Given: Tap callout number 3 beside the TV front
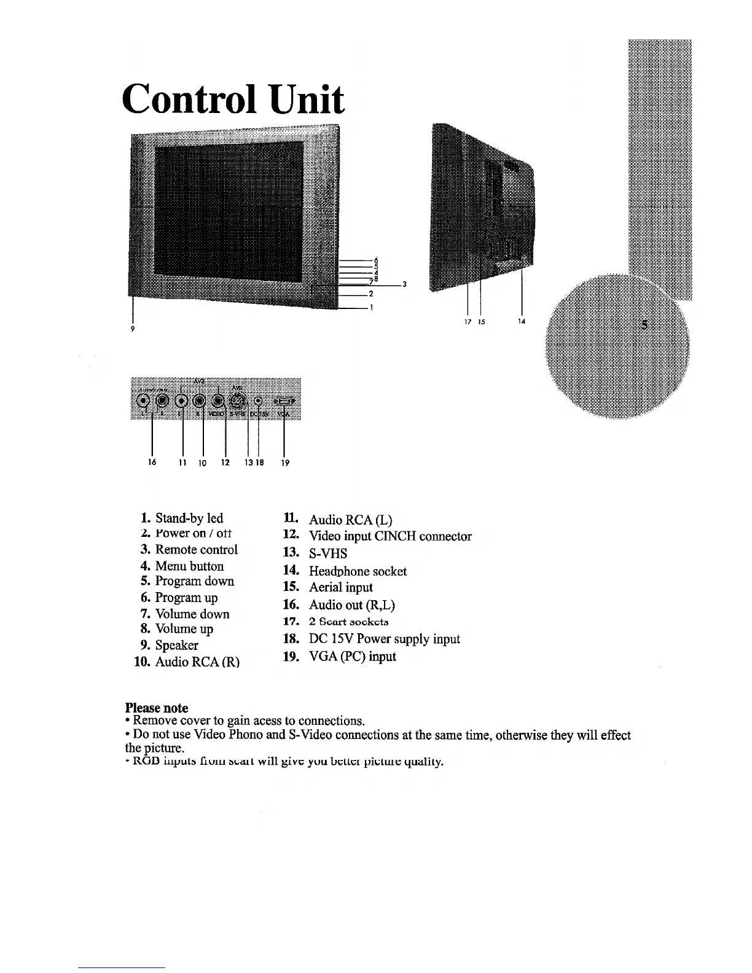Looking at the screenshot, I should click(x=404, y=284).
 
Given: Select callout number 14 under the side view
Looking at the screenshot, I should click(x=522, y=321).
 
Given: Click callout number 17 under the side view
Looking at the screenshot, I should click(x=468, y=321).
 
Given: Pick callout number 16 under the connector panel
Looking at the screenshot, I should click(x=152, y=462).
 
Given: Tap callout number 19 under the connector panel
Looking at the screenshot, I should click(x=284, y=463).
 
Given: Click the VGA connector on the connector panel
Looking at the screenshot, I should click(x=283, y=401).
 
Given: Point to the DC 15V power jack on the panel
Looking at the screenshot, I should click(x=259, y=402).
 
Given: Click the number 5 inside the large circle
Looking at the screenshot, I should click(x=644, y=324).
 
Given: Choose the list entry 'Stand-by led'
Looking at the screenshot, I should click(x=189, y=518).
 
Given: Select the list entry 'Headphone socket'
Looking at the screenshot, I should click(x=357, y=571).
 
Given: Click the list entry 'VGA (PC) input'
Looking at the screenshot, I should click(x=352, y=656).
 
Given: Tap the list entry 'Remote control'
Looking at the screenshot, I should click(x=196, y=549).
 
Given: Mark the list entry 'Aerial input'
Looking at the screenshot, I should click(x=340, y=587).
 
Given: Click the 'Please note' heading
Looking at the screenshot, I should click(x=157, y=708).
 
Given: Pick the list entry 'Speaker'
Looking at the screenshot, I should click(x=176, y=645).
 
